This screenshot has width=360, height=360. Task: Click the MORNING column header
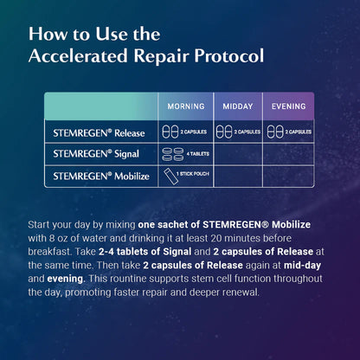185,106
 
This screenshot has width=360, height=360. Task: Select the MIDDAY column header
237,106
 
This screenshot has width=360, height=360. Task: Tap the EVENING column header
288,106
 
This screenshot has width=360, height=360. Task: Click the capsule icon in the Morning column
169,132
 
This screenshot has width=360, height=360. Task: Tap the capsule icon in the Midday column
222,132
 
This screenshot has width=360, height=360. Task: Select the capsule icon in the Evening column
273,132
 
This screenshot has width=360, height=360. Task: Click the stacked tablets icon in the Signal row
169,154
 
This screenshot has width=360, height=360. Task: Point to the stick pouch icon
169,176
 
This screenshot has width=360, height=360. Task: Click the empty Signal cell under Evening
288,154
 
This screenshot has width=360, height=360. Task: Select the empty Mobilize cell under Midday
237,176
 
